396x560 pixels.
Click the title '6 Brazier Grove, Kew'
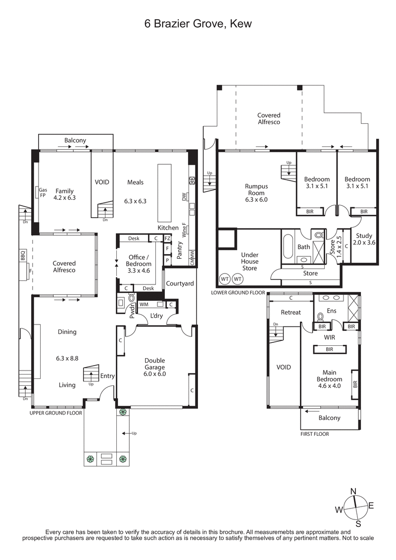click(198, 23)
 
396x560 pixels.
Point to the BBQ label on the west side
click(22, 256)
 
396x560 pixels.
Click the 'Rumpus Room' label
click(256, 193)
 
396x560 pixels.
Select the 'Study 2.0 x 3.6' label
click(363, 239)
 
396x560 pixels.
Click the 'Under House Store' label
click(249, 261)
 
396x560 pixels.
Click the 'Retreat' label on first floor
click(291, 312)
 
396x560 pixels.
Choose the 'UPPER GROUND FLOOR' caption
click(55, 412)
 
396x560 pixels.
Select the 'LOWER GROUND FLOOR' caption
click(238, 292)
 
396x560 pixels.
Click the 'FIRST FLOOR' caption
click(314, 434)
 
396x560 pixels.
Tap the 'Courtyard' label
click(180, 283)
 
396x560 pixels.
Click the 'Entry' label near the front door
click(107, 376)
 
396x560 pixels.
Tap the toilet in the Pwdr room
click(132, 299)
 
